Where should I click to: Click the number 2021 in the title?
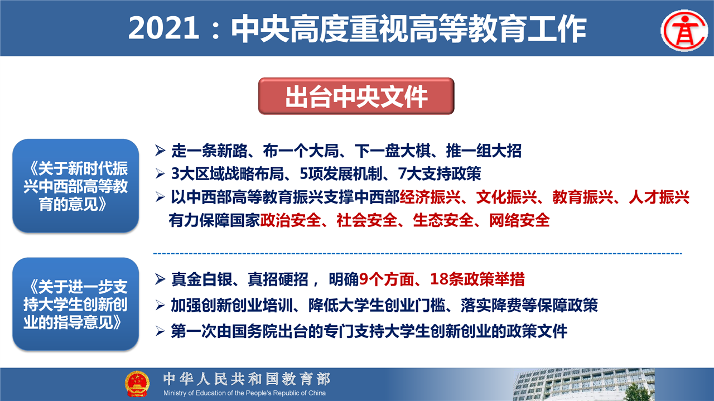pyautogui.click(x=164, y=28)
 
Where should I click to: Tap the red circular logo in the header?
pyautogui.click(x=684, y=30)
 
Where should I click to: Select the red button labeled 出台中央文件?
pyautogui.click(x=356, y=96)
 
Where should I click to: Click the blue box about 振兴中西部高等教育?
pyautogui.click(x=75, y=186)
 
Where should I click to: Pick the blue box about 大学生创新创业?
pyautogui.click(x=75, y=304)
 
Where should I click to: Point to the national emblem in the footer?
pyautogui.click(x=137, y=384)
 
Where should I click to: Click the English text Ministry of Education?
pyautogui.click(x=244, y=393)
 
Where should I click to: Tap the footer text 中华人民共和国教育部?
pyautogui.click(x=247, y=379)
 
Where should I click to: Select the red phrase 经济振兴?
pyautogui.click(x=430, y=197)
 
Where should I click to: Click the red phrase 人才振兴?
pyautogui.click(x=659, y=197)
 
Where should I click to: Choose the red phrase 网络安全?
pyautogui.click(x=519, y=220)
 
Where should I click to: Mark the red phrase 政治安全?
pyautogui.click(x=291, y=220)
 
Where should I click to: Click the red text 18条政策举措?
pyautogui.click(x=477, y=279)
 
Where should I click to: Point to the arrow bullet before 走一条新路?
pyautogui.click(x=160, y=151)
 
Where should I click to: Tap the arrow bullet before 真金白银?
pyautogui.click(x=160, y=279)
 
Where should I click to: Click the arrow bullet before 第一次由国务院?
pyautogui.click(x=160, y=331)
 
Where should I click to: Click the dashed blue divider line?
pyautogui.click(x=418, y=254)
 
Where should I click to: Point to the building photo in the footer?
pyautogui.click(x=583, y=384)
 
